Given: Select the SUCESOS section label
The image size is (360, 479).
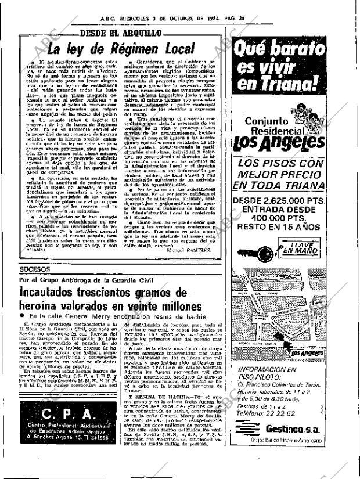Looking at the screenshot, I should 35,269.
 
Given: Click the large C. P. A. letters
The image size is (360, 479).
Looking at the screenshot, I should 69,416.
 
